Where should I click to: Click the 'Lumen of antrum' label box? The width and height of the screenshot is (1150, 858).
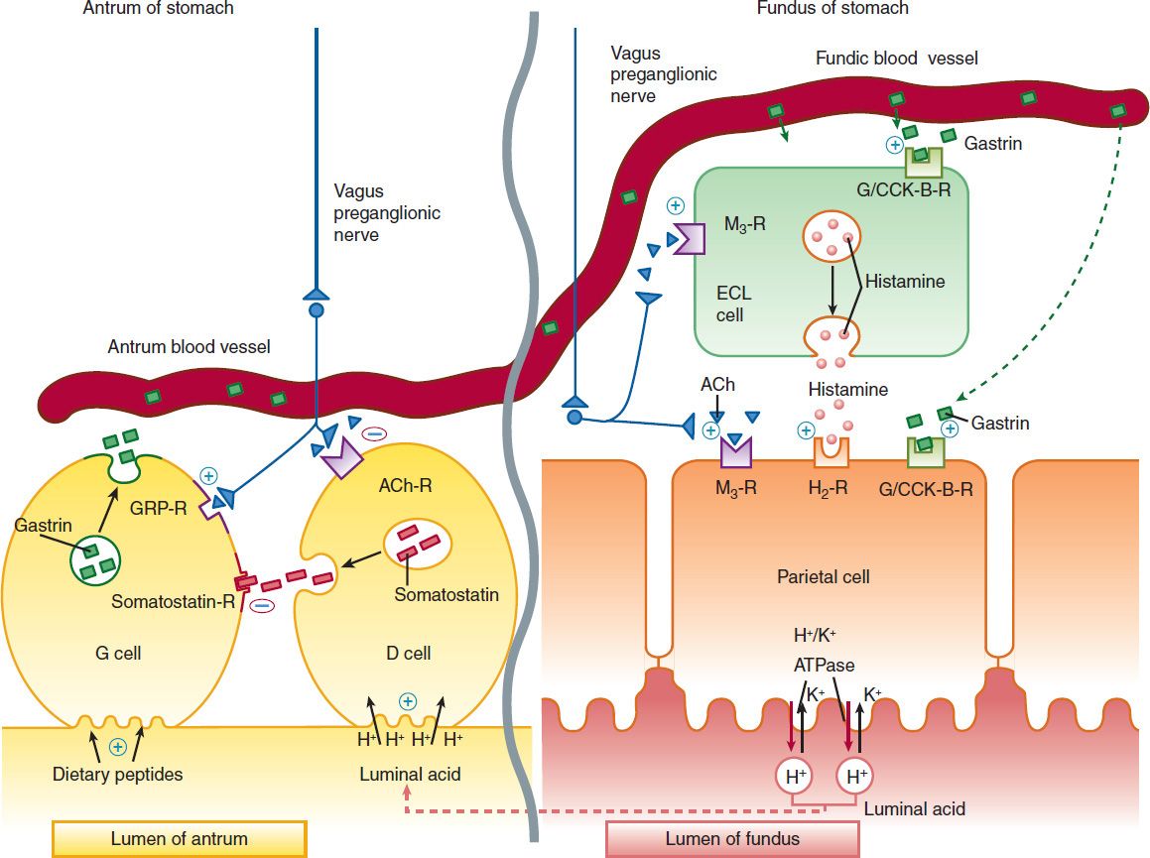tap(179, 838)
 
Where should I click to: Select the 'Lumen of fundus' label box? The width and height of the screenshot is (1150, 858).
tap(732, 838)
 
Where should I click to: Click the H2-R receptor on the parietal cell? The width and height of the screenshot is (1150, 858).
tap(832, 452)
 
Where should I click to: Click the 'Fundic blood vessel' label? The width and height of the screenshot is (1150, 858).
tap(896, 59)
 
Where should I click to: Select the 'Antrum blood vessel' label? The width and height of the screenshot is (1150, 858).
tap(189, 347)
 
